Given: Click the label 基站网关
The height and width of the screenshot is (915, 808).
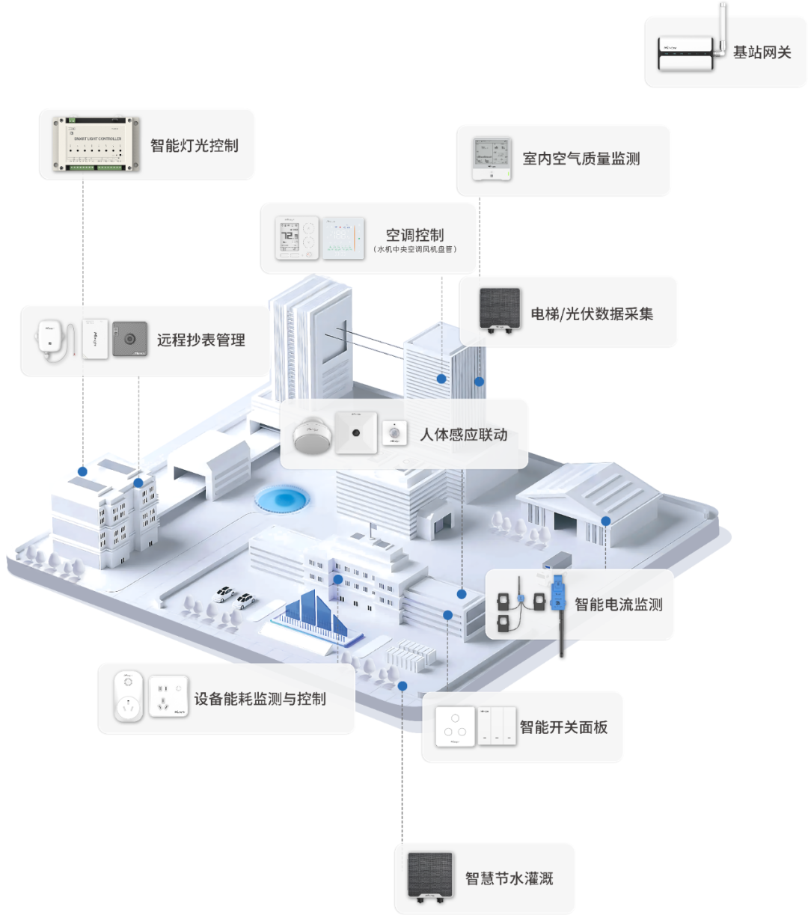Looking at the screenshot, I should pyautogui.click(x=762, y=52).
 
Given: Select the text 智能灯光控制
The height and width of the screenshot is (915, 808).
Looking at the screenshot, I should pyautogui.click(x=195, y=145).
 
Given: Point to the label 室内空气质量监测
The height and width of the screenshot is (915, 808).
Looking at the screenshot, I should pyautogui.click(x=581, y=159).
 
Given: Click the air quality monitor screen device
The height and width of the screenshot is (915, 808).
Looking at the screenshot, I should pyautogui.click(x=492, y=159).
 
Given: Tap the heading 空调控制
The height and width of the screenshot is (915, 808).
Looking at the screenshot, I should pyautogui.click(x=414, y=235).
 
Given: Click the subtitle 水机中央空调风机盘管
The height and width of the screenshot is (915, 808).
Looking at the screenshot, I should pyautogui.click(x=414, y=250).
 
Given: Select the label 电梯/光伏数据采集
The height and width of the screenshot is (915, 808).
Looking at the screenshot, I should pyautogui.click(x=592, y=313).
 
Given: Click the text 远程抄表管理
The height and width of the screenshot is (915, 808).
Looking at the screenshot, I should pyautogui.click(x=201, y=340).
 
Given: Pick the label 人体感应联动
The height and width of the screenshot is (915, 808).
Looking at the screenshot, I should pyautogui.click(x=463, y=435).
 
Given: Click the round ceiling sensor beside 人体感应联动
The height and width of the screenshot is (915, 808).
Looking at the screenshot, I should pyautogui.click(x=311, y=434).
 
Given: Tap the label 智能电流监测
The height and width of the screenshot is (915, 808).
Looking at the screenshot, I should pyautogui.click(x=619, y=605).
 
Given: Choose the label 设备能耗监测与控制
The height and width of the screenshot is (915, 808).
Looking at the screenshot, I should pyautogui.click(x=260, y=699).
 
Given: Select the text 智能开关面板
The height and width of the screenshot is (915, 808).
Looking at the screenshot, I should pyautogui.click(x=563, y=726).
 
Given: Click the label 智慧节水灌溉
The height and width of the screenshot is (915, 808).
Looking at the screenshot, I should pyautogui.click(x=509, y=878).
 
